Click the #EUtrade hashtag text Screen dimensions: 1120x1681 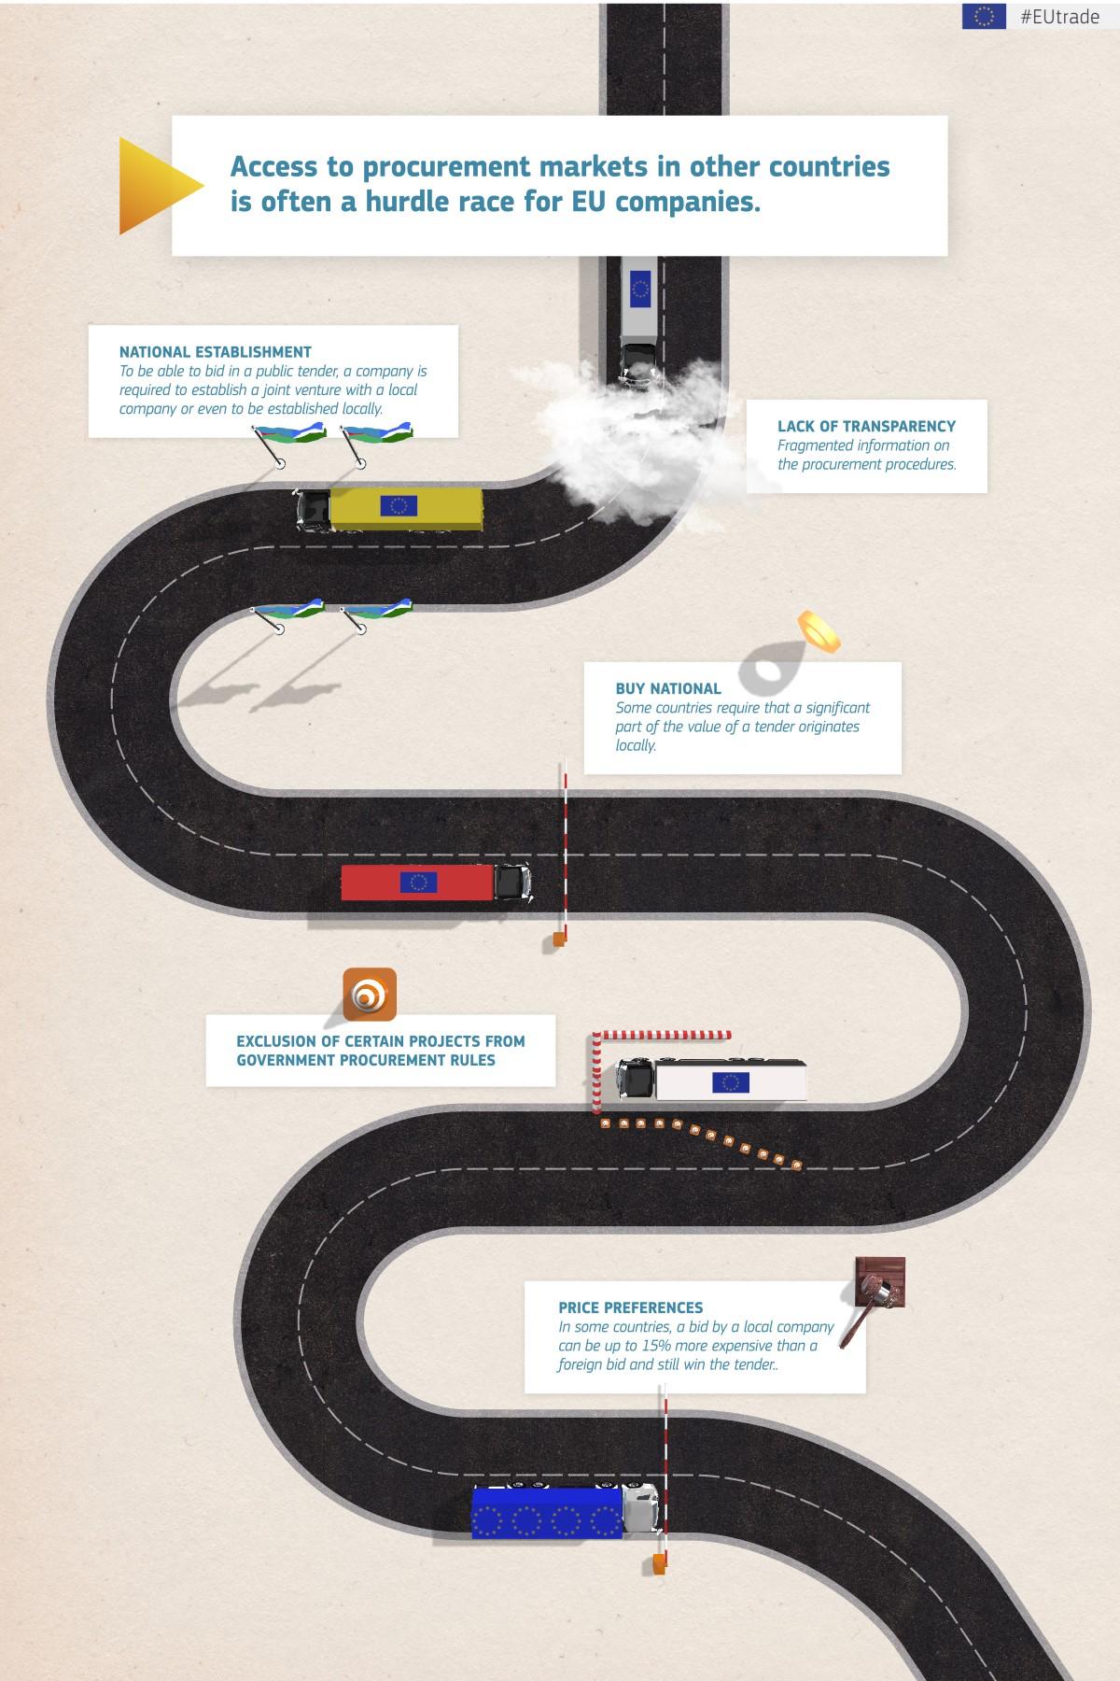click(1059, 17)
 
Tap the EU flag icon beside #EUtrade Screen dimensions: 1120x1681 click(984, 16)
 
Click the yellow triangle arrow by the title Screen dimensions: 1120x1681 click(157, 185)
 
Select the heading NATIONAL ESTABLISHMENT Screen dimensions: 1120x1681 click(215, 352)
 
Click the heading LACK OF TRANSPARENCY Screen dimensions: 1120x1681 click(866, 426)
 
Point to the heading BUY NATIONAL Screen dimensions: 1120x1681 click(668, 688)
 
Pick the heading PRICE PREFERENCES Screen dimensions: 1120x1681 click(631, 1307)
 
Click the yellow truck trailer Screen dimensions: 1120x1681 click(406, 507)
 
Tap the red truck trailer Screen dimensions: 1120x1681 click(416, 883)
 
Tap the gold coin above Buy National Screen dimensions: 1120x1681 click(819, 630)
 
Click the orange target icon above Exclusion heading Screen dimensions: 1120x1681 click(370, 994)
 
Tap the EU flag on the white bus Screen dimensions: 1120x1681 click(730, 1081)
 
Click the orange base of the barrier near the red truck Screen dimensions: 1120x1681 click(559, 939)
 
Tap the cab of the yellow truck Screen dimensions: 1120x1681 click(314, 510)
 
